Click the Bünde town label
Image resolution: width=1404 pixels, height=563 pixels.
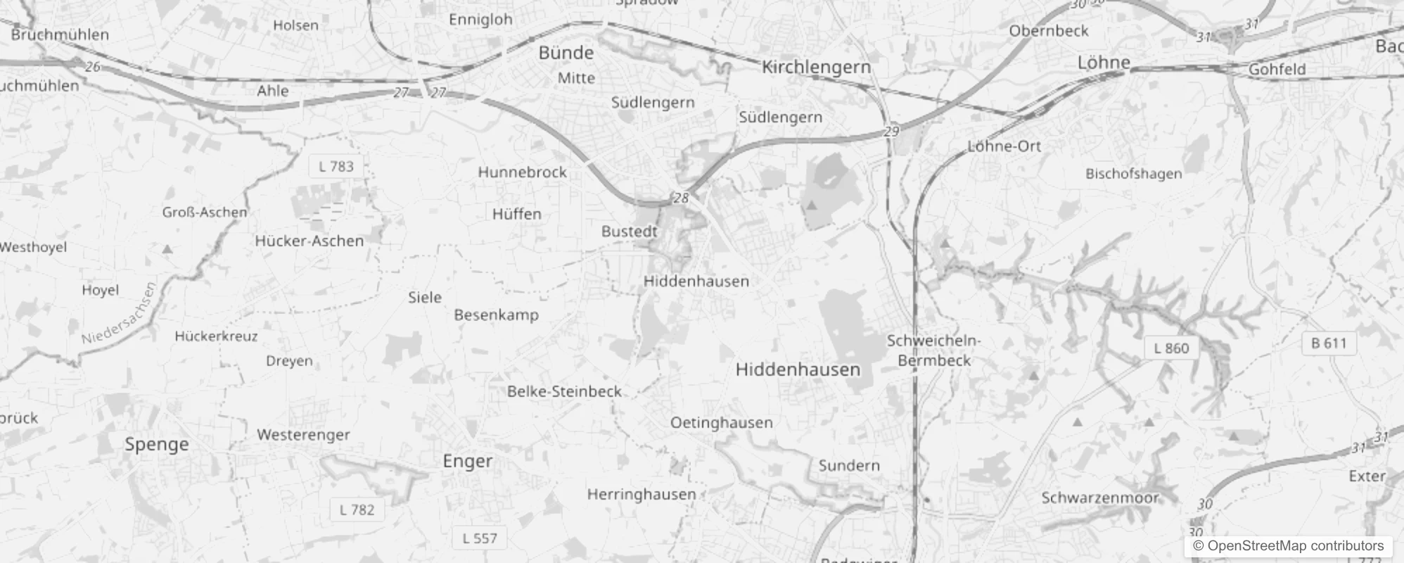point(566,53)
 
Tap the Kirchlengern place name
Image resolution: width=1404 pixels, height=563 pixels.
point(816,67)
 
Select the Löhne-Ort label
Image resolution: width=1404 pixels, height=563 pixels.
point(1004,146)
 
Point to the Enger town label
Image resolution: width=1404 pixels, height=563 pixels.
point(468,461)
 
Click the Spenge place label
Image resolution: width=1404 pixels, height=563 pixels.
point(157,444)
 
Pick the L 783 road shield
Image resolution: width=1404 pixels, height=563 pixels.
point(336,167)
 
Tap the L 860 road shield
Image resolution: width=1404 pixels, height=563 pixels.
point(1171,348)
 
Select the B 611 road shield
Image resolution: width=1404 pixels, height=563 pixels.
point(1329,343)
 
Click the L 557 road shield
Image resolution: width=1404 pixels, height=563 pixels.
point(480,539)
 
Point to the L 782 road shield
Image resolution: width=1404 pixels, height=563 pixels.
point(357,510)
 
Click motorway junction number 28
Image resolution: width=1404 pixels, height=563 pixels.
point(681,198)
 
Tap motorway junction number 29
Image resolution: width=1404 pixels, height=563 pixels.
point(891,132)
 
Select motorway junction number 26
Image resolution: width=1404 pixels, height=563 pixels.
point(93,67)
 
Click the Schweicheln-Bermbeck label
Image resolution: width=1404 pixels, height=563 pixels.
point(933,350)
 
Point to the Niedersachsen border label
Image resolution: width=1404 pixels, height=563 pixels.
point(117,314)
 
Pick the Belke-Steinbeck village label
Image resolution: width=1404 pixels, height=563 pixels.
point(564,391)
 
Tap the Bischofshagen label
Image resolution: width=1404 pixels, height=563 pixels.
point(1133,174)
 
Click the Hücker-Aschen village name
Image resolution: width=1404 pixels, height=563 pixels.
point(309,241)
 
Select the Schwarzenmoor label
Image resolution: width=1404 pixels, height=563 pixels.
point(1099,498)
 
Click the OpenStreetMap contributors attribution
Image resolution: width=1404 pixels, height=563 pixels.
point(1288,546)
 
